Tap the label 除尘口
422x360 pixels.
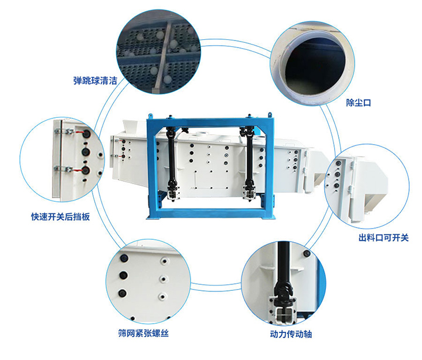coord(359,103)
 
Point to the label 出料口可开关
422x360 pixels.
coord(383,238)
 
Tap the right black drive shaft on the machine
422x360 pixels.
coord(249,155)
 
